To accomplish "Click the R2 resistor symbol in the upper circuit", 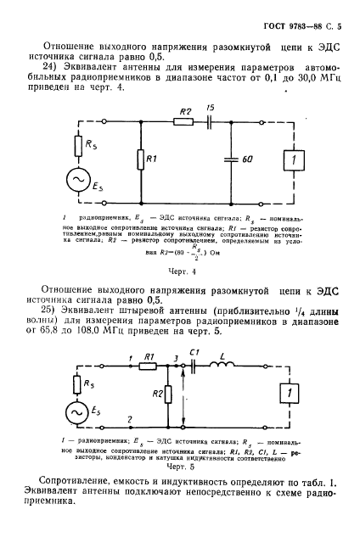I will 183,122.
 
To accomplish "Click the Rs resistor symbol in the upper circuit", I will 78,147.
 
